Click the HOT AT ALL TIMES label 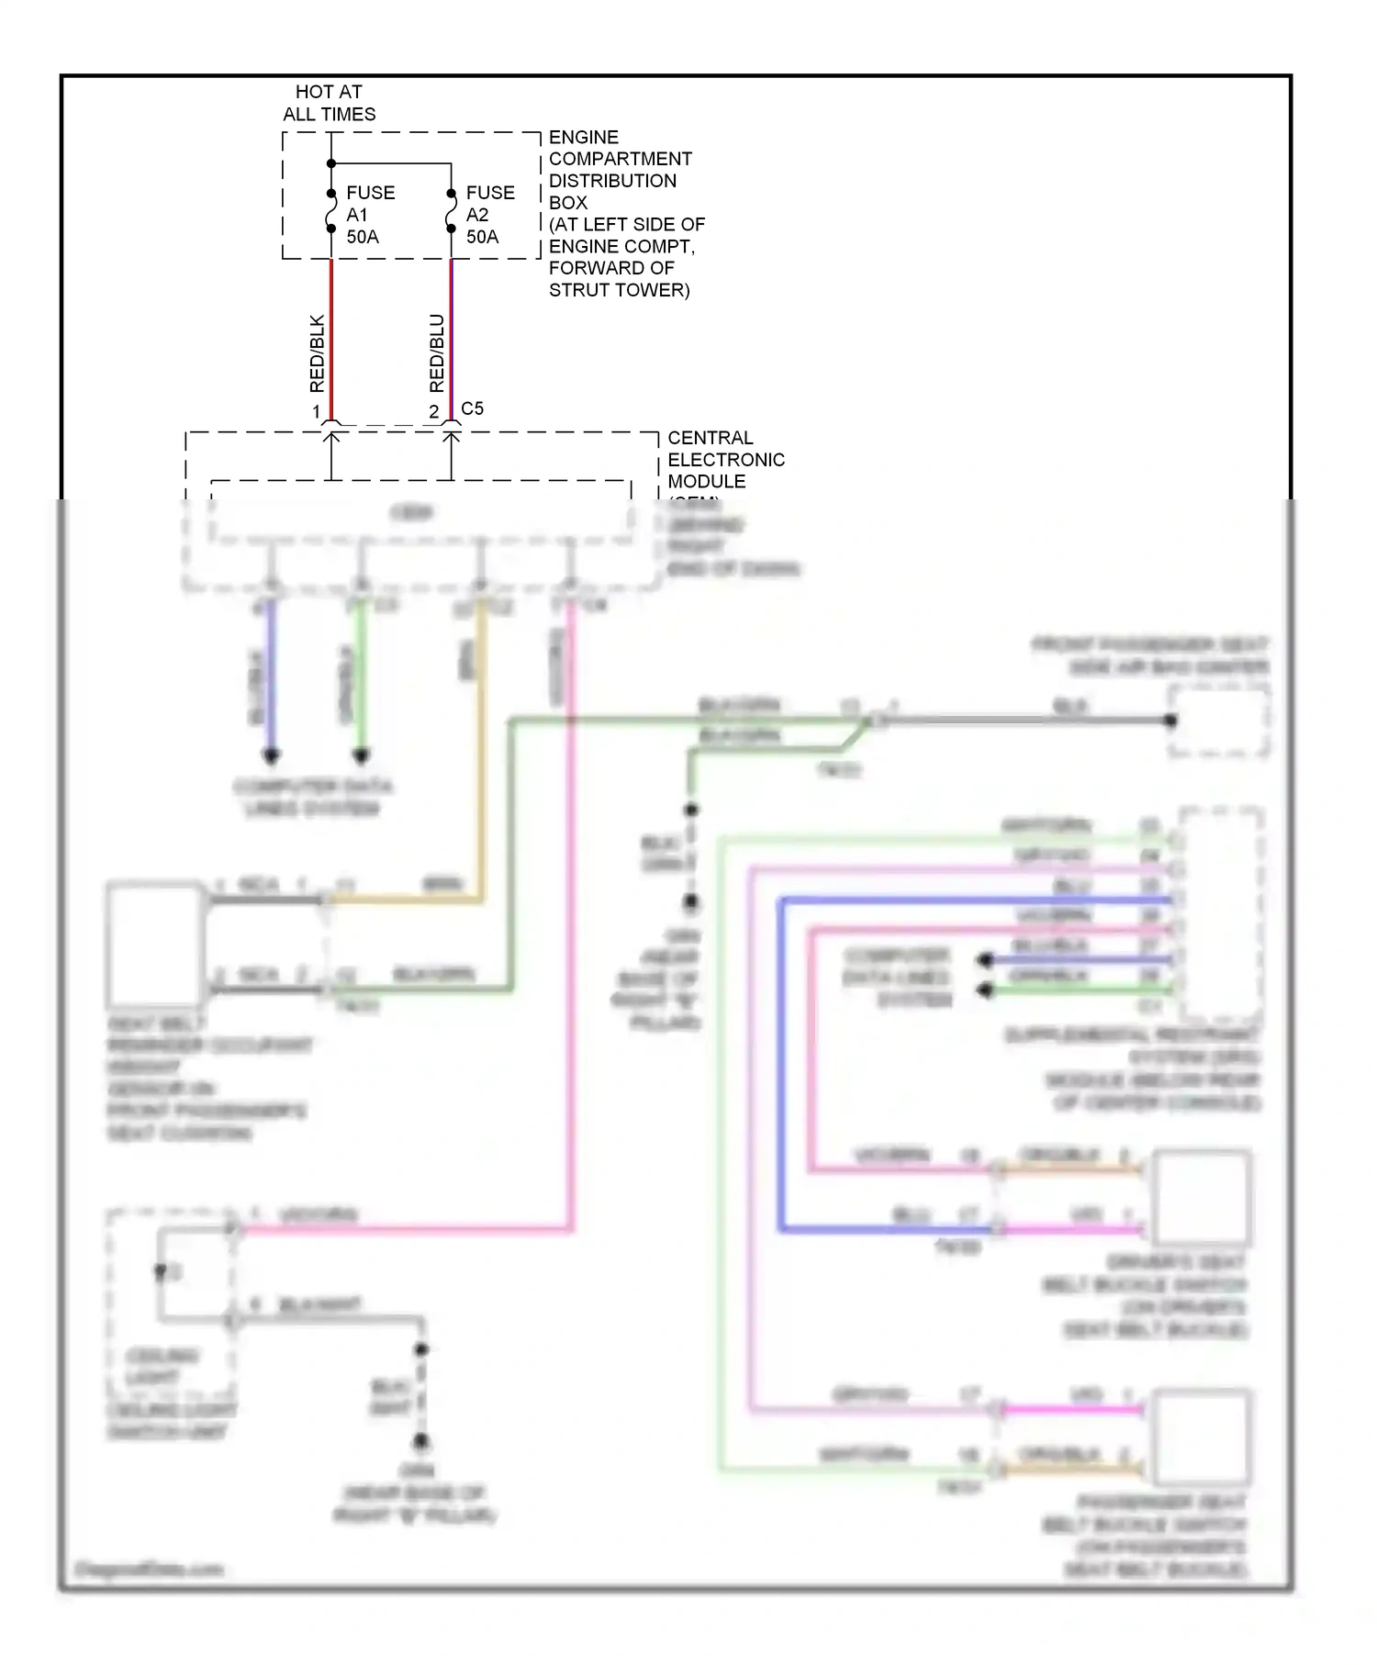pos(329,103)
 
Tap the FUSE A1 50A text pos(369,215)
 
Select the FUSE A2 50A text pos(489,215)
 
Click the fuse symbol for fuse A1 pos(331,211)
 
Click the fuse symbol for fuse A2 pos(451,211)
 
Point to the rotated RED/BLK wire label pos(317,353)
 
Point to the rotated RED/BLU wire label pos(437,353)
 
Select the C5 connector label pos(472,408)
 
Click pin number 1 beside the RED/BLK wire pos(317,412)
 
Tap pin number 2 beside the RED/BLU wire pos(434,412)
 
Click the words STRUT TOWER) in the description pos(619,290)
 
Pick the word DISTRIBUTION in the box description pos(612,181)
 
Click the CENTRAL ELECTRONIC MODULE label pos(725,459)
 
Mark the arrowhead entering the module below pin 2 pos(451,438)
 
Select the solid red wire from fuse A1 pos(331,340)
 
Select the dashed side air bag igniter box pos(1219,721)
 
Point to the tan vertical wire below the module pos(480,753)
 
